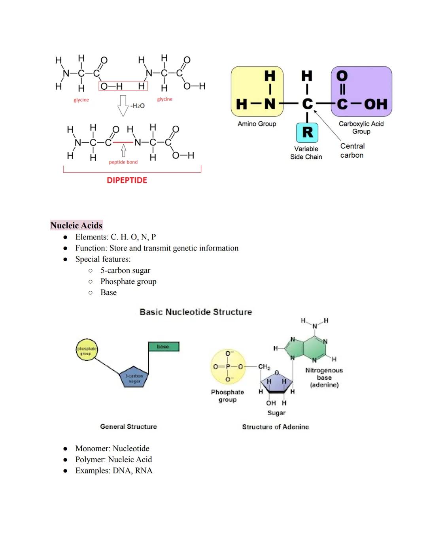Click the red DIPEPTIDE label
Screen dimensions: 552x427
point(127,180)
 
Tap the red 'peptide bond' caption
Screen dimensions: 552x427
point(123,162)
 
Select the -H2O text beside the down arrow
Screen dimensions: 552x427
point(138,106)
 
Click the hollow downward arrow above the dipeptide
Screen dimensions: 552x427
point(123,105)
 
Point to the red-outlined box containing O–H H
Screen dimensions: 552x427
point(123,86)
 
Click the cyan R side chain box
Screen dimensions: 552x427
point(307,132)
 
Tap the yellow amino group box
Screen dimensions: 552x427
point(257,91)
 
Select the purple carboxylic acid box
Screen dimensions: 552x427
point(361,91)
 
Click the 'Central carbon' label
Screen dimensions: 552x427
point(352,151)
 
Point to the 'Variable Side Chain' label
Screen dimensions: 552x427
point(306,153)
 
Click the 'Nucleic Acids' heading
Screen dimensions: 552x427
point(76,225)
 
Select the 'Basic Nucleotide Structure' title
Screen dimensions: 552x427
point(196,312)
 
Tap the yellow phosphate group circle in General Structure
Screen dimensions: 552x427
point(87,350)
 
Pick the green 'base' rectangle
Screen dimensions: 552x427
point(164,347)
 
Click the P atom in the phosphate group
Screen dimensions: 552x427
point(228,367)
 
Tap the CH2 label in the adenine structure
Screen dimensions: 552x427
point(264,367)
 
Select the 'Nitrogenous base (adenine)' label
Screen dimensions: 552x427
point(324,378)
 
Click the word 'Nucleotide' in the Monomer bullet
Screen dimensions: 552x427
point(131,448)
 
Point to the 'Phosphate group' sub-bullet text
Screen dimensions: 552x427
point(128,281)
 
